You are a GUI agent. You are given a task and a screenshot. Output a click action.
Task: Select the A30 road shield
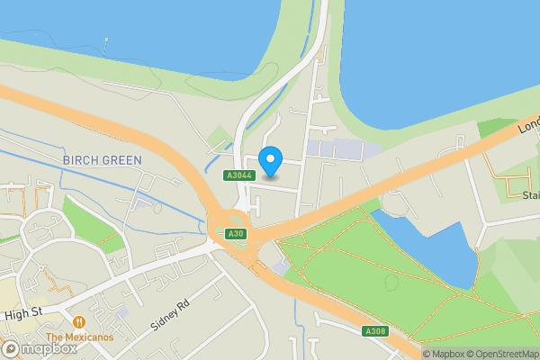(236, 234)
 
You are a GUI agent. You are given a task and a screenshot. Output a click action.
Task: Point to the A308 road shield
(375, 332)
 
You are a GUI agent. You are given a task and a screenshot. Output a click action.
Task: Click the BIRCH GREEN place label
(102, 160)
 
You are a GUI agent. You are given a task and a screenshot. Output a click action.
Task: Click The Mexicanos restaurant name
(79, 337)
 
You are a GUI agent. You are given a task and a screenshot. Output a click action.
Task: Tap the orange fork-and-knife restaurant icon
(79, 321)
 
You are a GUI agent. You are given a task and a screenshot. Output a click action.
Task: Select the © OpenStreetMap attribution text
(498, 354)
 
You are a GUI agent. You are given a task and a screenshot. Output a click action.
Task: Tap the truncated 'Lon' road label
(528, 125)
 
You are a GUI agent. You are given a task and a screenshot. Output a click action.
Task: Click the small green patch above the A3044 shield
(218, 139)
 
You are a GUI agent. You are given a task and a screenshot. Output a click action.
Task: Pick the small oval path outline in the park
(391, 282)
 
